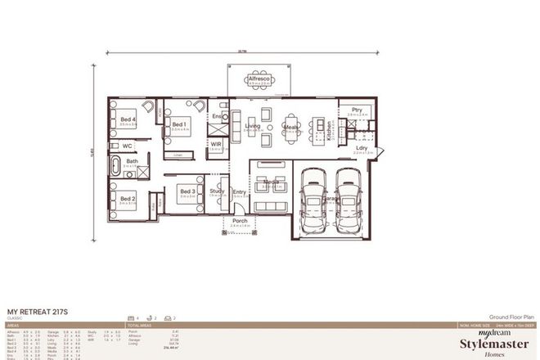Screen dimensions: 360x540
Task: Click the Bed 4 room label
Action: (x=128, y=119)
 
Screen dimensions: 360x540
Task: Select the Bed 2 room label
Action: (x=128, y=198)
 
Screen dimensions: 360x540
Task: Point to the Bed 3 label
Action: (x=186, y=191)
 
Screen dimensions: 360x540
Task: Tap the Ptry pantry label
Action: (x=357, y=110)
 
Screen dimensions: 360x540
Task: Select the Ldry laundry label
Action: (x=362, y=148)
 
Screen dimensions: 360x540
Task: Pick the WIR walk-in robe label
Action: (x=217, y=144)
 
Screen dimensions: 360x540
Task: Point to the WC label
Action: (x=128, y=146)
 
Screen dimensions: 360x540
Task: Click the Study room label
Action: (x=217, y=191)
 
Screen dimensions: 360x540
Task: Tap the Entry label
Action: (x=239, y=191)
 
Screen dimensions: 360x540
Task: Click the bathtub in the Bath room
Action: (x=115, y=167)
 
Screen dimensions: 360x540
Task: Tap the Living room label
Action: (x=253, y=127)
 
